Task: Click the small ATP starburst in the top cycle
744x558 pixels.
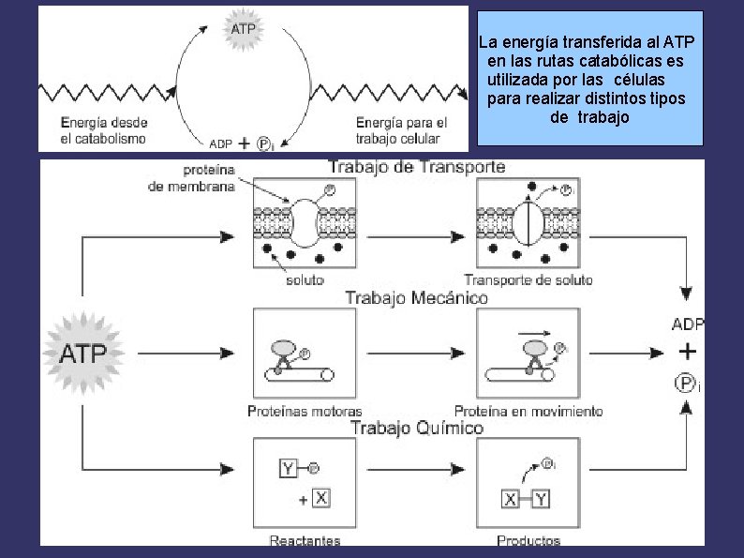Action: pyautogui.click(x=243, y=29)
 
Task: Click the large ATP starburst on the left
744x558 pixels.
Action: pyautogui.click(x=83, y=354)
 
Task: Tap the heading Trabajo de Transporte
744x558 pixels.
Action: pyautogui.click(x=417, y=167)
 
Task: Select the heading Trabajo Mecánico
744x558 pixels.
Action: pyautogui.click(x=417, y=298)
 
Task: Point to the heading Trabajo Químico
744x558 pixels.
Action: pyautogui.click(x=417, y=428)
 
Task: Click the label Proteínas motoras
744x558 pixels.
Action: pyautogui.click(x=305, y=411)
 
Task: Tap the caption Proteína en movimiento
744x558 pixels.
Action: pyautogui.click(x=528, y=411)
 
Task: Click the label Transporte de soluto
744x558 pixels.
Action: pyautogui.click(x=528, y=280)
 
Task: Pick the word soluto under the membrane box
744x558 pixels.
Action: pyautogui.click(x=305, y=280)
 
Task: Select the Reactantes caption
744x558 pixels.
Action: pyautogui.click(x=305, y=540)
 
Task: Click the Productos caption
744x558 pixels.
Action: pyautogui.click(x=528, y=540)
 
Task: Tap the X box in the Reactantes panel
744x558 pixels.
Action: pyautogui.click(x=321, y=498)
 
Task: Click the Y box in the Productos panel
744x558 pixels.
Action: pyautogui.click(x=541, y=500)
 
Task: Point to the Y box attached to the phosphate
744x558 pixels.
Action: pyautogui.click(x=288, y=469)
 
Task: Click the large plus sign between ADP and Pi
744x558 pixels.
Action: pyautogui.click(x=688, y=352)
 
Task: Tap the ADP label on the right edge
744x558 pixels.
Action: pyautogui.click(x=688, y=324)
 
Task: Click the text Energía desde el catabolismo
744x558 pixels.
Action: pyautogui.click(x=104, y=130)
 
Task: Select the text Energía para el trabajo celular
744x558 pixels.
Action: pyautogui.click(x=401, y=130)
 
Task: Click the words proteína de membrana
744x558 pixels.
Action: pyautogui.click(x=191, y=178)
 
